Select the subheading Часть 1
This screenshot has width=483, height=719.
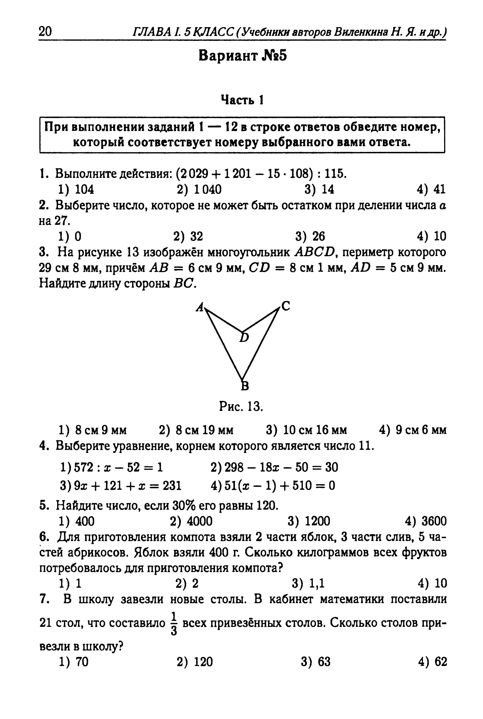click(242, 100)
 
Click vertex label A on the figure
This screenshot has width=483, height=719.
click(200, 307)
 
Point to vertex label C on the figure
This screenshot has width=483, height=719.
click(286, 307)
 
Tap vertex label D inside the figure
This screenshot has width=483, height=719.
click(244, 337)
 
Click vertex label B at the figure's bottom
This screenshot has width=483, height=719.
click(244, 385)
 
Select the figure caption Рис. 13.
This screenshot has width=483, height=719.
click(241, 407)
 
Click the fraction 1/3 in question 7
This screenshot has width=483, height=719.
click(174, 622)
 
